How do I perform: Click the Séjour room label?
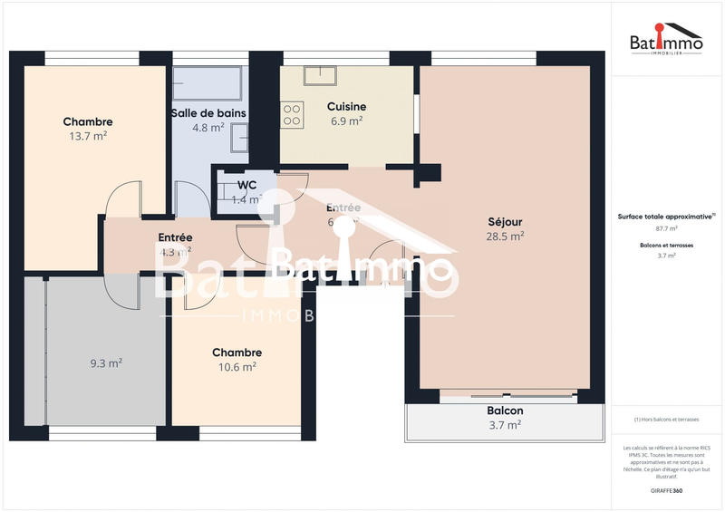tap(505, 221)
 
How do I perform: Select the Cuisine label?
tap(346, 106)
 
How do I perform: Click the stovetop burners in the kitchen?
tap(293, 114)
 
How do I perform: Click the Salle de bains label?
tap(208, 113)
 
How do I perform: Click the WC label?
tap(247, 187)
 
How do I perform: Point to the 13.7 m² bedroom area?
tap(88, 136)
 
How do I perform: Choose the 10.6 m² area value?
tap(237, 367)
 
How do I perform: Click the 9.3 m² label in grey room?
tap(106, 362)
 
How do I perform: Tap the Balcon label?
tap(505, 411)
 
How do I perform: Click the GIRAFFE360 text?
tap(668, 490)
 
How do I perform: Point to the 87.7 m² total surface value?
tap(668, 228)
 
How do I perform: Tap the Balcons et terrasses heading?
tap(668, 245)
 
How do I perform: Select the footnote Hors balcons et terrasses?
tap(668, 420)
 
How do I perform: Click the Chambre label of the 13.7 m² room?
tap(88, 121)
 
